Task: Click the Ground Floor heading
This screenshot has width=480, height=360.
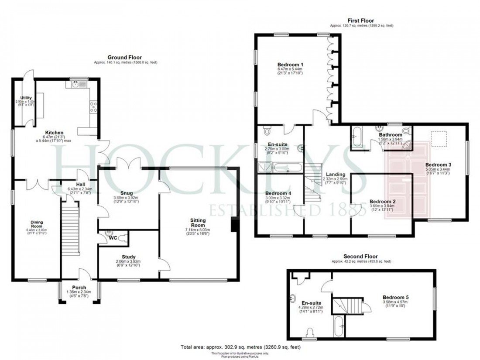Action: tap(125, 57)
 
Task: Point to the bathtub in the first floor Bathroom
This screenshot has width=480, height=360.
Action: tap(356, 137)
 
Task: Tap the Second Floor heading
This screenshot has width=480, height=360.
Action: tap(361, 257)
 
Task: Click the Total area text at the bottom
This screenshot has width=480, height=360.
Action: tap(240, 347)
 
